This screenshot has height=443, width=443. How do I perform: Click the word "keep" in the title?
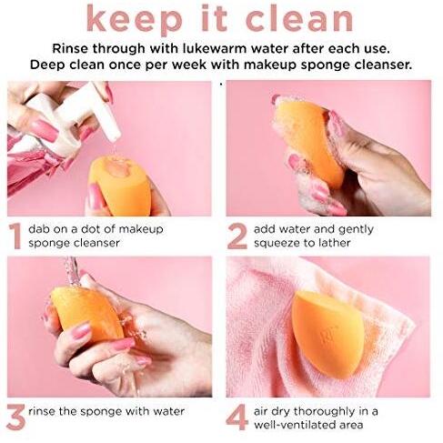(135, 19)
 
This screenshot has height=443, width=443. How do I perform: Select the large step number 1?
(15, 237)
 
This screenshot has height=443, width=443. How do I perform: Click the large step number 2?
(237, 237)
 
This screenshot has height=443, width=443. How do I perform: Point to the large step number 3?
(15, 417)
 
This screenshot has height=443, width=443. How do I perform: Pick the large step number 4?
(237, 418)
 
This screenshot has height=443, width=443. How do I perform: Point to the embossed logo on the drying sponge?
(326, 336)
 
